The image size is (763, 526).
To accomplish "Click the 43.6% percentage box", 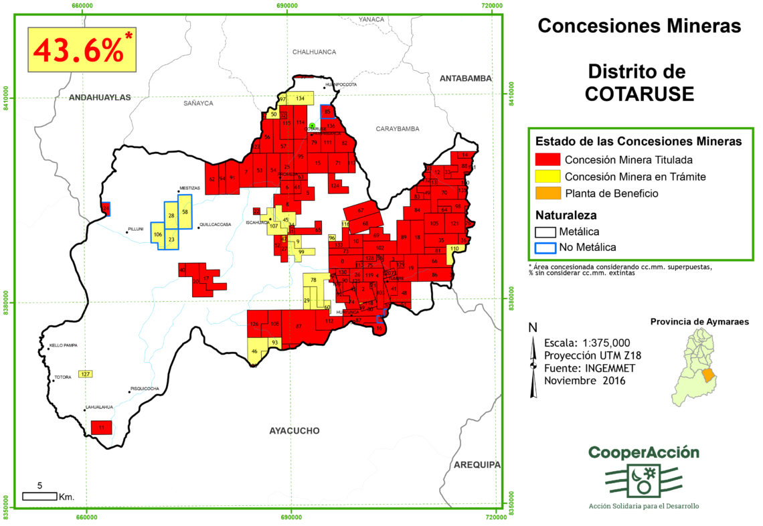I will (x=82, y=50).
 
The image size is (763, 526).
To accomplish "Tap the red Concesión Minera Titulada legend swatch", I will (x=547, y=160).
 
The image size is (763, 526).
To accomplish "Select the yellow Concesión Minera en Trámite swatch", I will (x=547, y=177).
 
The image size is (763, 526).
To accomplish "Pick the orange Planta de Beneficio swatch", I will (x=547, y=193).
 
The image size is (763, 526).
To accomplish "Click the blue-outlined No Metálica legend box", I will (x=547, y=247).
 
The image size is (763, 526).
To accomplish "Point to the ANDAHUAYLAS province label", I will (x=100, y=97).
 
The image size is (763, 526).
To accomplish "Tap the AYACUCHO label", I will (x=294, y=430).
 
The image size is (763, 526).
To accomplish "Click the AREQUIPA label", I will (x=477, y=464).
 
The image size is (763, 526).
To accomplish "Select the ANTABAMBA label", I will (x=465, y=78).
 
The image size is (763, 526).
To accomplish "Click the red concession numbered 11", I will (x=101, y=427).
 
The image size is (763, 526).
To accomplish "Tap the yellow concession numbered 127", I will (x=85, y=373).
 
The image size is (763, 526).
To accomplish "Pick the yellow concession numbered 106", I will (x=157, y=235).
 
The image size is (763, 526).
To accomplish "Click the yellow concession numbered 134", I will (x=301, y=98).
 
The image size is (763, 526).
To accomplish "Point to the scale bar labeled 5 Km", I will (x=39, y=496).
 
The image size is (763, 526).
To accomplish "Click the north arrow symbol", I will (x=533, y=365).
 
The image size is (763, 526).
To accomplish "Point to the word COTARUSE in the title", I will (x=639, y=94).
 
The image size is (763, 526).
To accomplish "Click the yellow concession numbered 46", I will (x=254, y=353).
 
